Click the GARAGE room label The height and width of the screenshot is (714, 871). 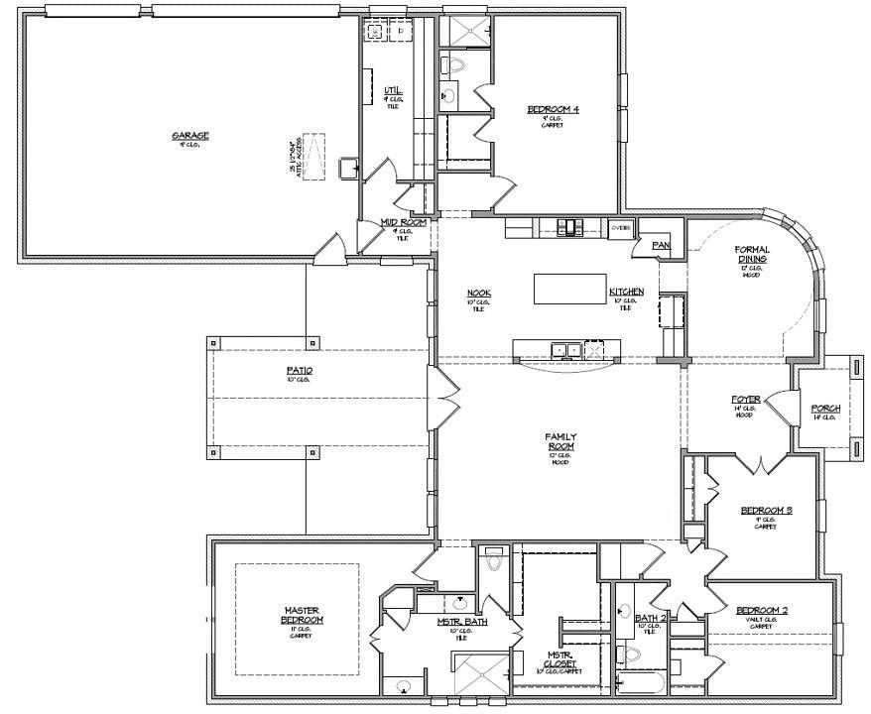pos(189,136)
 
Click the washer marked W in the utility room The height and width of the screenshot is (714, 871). pos(376,32)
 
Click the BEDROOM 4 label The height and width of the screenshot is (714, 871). pos(553,110)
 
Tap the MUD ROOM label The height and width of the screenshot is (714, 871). pos(404,223)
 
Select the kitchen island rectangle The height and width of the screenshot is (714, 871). pos(570,289)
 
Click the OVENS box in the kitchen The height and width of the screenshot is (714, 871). pos(621,227)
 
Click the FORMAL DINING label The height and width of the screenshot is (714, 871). pos(752,254)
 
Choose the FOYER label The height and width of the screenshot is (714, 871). pos(745,400)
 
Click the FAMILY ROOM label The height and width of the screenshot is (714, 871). pos(560,441)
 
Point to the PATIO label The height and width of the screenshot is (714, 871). pos(299,371)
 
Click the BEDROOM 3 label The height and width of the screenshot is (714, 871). pos(766,511)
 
